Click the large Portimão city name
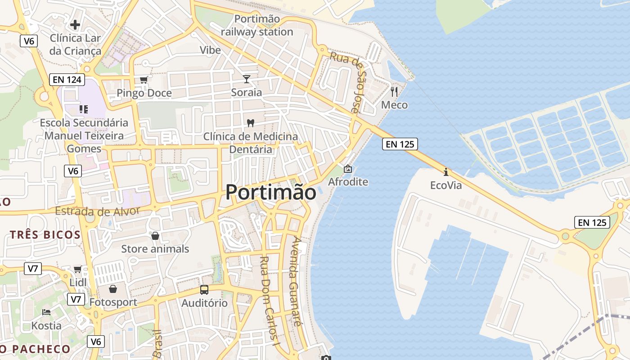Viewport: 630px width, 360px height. [x=271, y=192]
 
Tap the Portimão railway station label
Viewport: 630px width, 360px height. [x=257, y=25]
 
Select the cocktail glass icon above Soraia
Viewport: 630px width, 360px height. [x=247, y=79]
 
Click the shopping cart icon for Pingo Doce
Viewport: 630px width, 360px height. [x=144, y=80]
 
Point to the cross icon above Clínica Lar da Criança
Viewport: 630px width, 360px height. [x=75, y=24]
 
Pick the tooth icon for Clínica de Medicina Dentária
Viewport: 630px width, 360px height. [x=251, y=122]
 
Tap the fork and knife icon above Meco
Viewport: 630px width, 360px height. [x=394, y=92]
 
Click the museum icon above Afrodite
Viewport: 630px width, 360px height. [x=348, y=169]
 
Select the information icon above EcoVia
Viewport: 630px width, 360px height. [x=446, y=172]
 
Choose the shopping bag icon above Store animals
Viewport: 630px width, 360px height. [x=155, y=235]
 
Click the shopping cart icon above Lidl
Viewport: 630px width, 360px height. [x=77, y=269]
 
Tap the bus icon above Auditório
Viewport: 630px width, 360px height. [x=204, y=290]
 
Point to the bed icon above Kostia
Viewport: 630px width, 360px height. [x=46, y=312]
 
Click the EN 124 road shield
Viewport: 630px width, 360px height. [x=67, y=80]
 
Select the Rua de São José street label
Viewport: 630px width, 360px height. [x=346, y=81]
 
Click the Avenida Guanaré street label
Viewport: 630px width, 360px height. [x=296, y=281]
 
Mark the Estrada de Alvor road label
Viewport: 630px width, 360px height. [x=98, y=211]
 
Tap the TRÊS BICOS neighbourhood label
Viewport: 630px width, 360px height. [x=45, y=234]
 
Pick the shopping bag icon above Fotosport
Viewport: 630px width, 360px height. [x=113, y=288]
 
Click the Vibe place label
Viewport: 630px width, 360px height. [x=211, y=50]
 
